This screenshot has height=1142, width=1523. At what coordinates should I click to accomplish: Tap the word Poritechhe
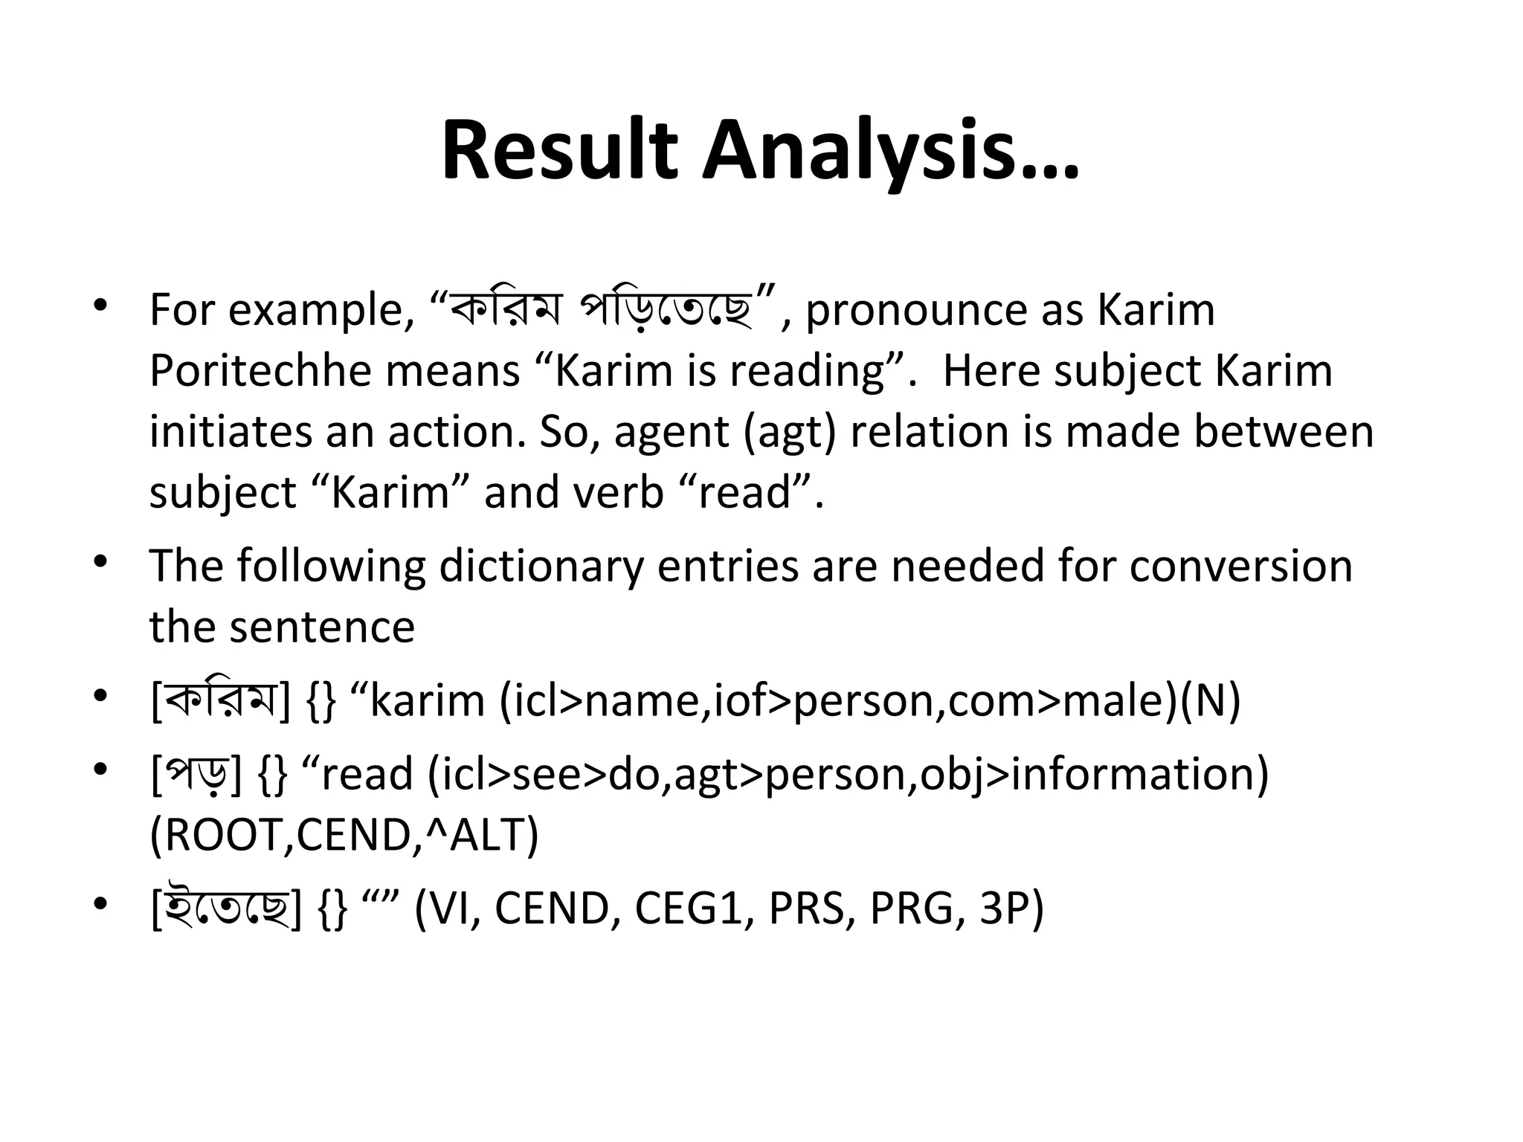coord(260,371)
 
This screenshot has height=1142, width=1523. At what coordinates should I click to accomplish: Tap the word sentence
coord(322,628)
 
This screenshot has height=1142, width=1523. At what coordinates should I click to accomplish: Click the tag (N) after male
coord(1210,701)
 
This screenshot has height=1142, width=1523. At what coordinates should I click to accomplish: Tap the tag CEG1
coord(689,909)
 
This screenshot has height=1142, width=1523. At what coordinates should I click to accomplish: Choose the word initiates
coord(231,432)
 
